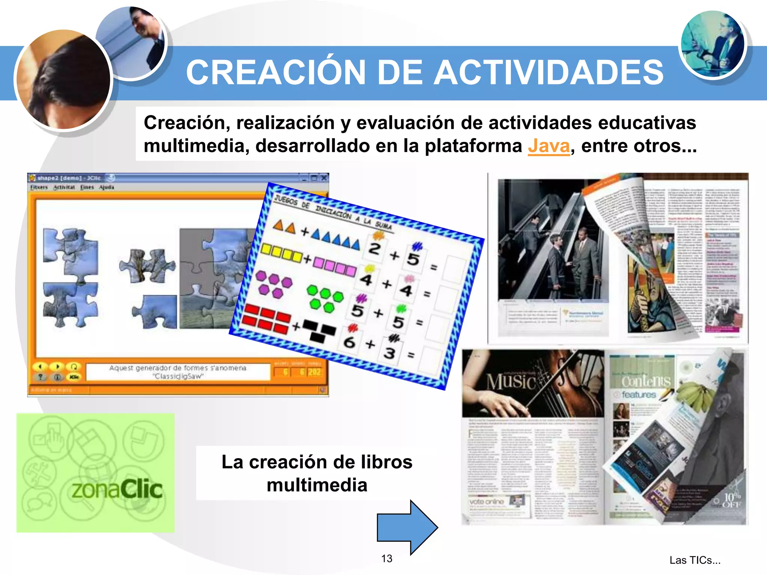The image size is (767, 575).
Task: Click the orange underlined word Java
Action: [x=549, y=146]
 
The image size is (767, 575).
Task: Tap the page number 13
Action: [x=386, y=559]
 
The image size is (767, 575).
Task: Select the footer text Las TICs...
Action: [x=694, y=560]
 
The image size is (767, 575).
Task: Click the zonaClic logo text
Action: [x=117, y=489]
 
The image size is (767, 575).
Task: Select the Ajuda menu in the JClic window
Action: [x=106, y=187]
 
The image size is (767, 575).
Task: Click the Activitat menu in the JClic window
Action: [x=64, y=187]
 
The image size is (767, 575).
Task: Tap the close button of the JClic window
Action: [x=324, y=178]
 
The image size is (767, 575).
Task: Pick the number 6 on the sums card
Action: [x=349, y=342]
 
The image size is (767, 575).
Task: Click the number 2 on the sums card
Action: [x=375, y=248]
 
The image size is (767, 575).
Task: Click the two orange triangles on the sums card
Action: [x=284, y=226]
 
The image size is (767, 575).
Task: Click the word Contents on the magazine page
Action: [x=646, y=381]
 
